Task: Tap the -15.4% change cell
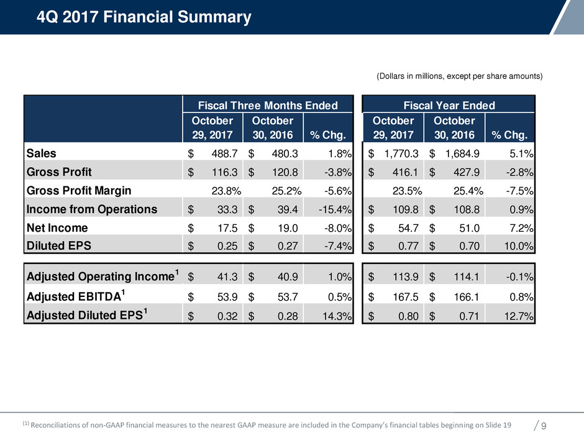pyautogui.click(x=335, y=209)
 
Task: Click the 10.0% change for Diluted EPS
pyautogui.click(x=519, y=245)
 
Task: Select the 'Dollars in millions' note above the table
pyautogui.click(x=460, y=76)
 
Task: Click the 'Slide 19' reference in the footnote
pyautogui.click(x=499, y=425)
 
